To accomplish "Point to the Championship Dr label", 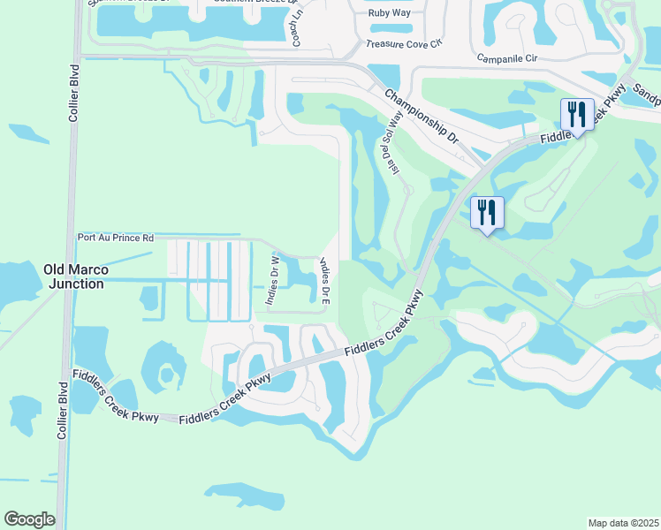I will (x=422, y=116).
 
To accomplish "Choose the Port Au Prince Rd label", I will (x=116, y=238).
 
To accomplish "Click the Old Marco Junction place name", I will (x=74, y=276).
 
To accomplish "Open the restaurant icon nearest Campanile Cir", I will (x=576, y=114).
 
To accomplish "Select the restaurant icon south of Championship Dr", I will (x=486, y=211).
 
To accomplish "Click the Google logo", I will (x=29, y=519).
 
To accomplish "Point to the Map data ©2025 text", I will (x=623, y=523).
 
